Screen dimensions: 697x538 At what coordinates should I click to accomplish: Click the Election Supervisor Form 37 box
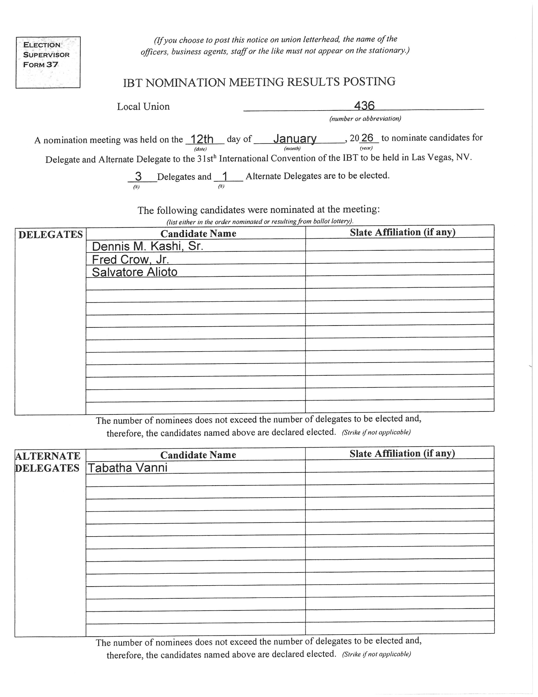tap(48, 62)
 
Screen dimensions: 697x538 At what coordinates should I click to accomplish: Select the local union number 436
tap(364, 106)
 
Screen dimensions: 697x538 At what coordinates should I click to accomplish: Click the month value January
tap(295, 138)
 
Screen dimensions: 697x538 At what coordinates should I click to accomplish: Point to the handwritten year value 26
tap(367, 138)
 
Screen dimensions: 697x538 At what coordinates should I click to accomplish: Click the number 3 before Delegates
tap(138, 176)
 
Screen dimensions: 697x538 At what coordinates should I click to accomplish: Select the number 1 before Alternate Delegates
tap(225, 176)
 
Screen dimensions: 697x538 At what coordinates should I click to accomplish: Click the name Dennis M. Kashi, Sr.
tap(148, 246)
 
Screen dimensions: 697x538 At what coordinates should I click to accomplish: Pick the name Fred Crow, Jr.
tap(130, 260)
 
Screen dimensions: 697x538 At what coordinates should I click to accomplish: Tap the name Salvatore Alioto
tap(134, 272)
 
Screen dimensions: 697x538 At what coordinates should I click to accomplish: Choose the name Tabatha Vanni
tap(128, 468)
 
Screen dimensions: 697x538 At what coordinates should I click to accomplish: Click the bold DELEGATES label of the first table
tap(50, 235)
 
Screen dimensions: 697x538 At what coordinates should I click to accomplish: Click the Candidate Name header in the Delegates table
tap(198, 234)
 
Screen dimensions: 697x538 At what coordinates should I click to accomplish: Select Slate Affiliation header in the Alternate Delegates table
tap(402, 453)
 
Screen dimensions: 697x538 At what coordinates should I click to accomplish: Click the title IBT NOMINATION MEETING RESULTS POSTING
tap(259, 82)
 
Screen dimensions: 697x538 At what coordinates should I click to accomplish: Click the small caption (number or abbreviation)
tap(365, 119)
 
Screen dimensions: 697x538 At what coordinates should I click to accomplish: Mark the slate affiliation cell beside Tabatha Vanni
tap(400, 466)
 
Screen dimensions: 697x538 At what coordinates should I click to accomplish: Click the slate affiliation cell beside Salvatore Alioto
tap(400, 269)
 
